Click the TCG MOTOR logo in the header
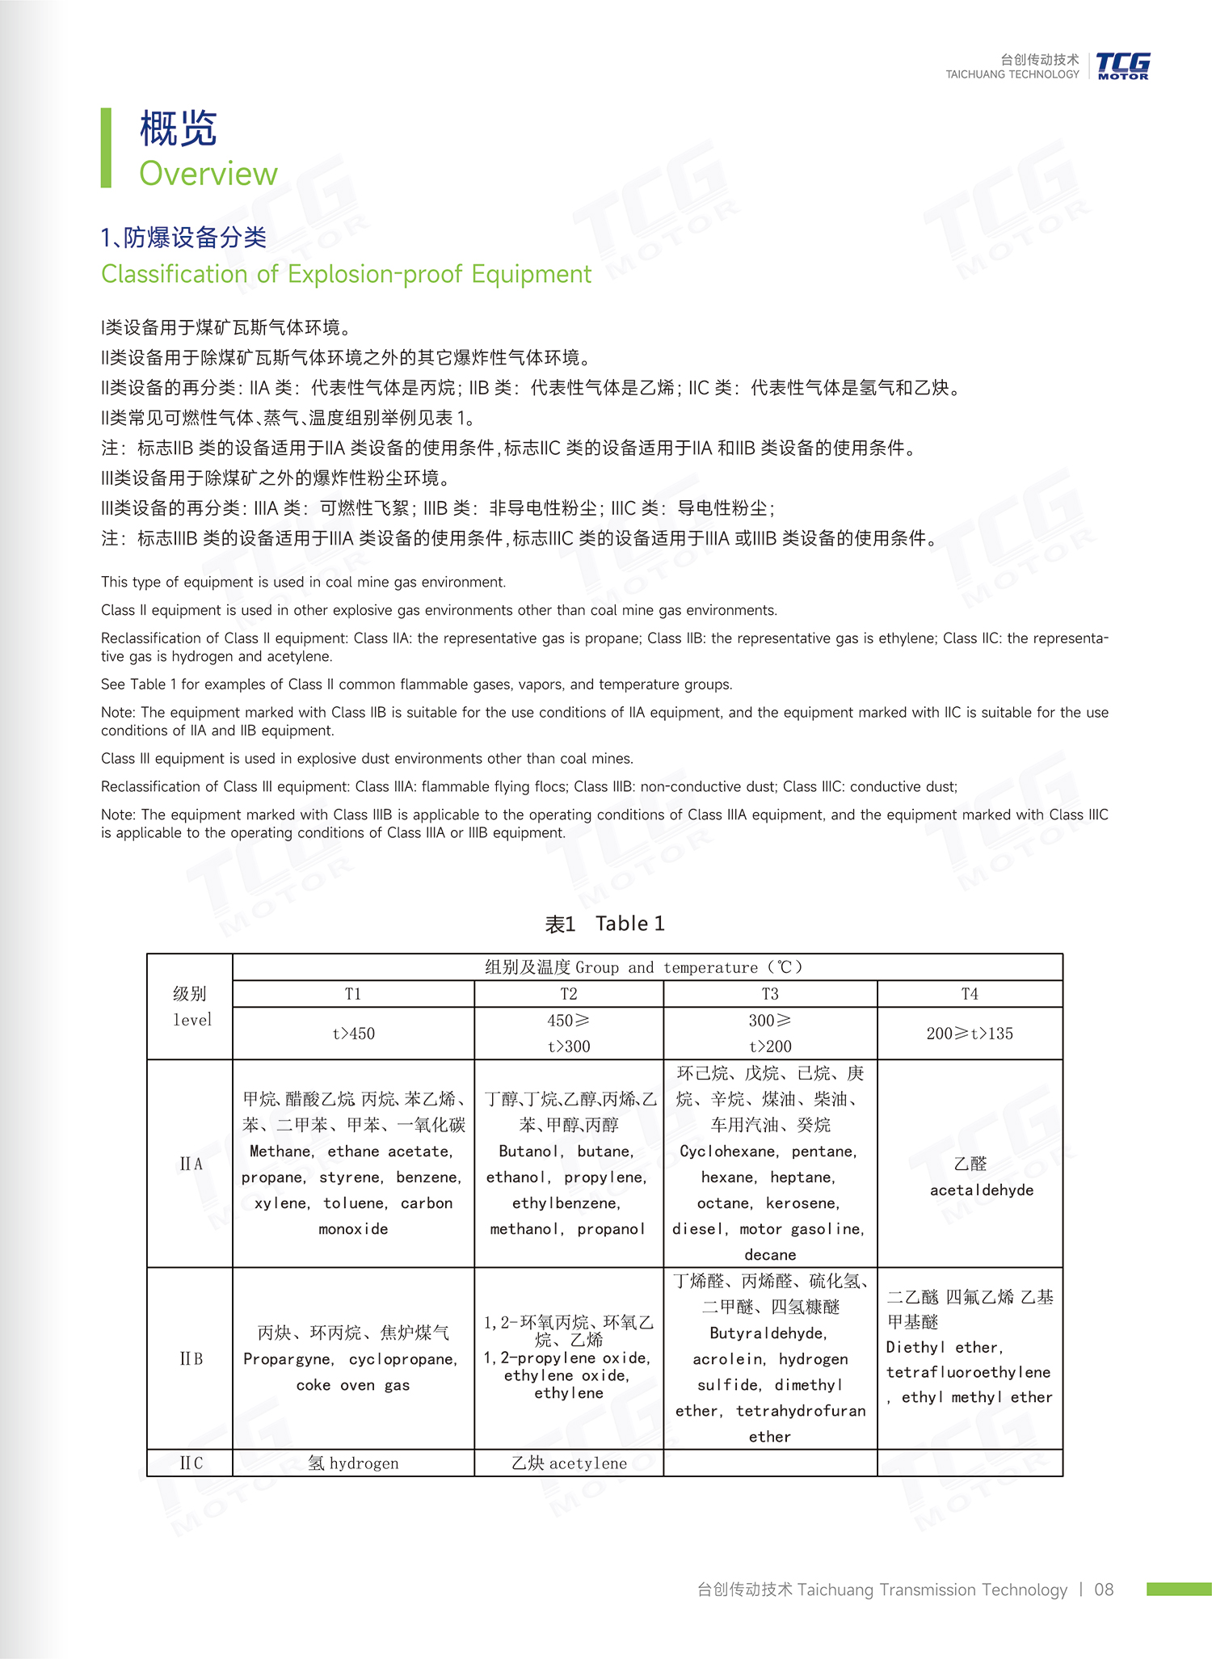[1122, 65]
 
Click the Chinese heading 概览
[179, 128]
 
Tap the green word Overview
[208, 174]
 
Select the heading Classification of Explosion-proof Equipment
[346, 274]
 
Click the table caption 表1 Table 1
[604, 924]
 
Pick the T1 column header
[353, 994]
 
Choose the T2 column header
[569, 994]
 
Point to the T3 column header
[770, 994]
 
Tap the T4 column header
[970, 994]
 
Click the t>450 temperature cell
[353, 1034]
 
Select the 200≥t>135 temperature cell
[970, 1034]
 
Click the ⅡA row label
[191, 1164]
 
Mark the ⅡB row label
[191, 1358]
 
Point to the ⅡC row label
[191, 1463]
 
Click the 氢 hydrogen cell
[353, 1463]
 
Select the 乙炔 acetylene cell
[569, 1463]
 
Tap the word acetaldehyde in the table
[982, 1190]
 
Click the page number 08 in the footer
[1104, 1590]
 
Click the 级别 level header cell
[191, 1007]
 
